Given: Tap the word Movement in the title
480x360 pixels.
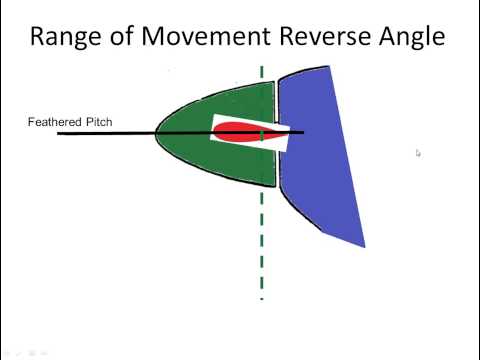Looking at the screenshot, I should pyautogui.click(x=204, y=37).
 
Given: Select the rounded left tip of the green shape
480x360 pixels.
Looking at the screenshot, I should pyautogui.click(x=156, y=133).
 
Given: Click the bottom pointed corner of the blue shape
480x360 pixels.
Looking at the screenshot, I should pyautogui.click(x=364, y=246).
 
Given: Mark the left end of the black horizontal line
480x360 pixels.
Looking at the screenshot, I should pyautogui.click(x=59, y=133).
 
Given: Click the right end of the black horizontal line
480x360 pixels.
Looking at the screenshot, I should pyautogui.click(x=304, y=131).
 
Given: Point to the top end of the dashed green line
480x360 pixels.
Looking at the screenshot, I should pyautogui.click(x=262, y=69).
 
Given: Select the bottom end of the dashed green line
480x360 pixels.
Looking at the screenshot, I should pyautogui.click(x=262, y=297).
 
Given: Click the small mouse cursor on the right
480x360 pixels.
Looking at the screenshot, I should pyautogui.click(x=418, y=153).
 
